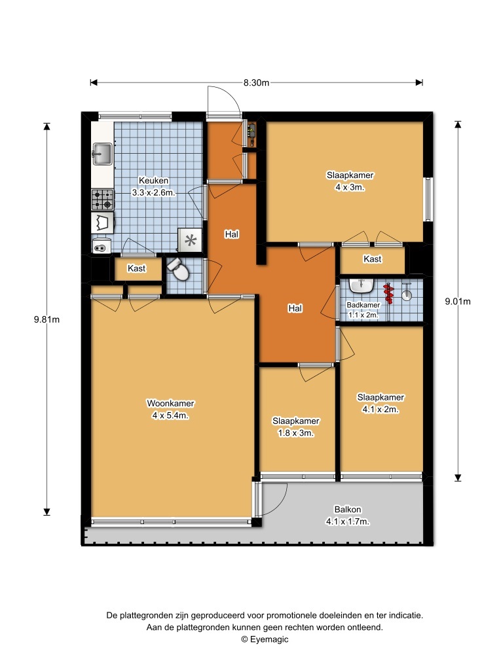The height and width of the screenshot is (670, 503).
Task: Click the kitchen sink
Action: click(102, 154)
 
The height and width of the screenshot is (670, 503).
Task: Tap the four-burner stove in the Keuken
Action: click(103, 200)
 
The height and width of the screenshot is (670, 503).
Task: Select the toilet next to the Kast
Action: click(178, 269)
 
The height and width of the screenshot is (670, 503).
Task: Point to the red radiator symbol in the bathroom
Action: click(389, 293)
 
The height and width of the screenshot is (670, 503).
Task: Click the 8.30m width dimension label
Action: click(257, 82)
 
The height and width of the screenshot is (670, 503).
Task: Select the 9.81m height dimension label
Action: click(47, 319)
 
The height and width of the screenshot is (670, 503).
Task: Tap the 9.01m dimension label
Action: click(458, 301)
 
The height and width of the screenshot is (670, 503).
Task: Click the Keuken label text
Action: click(153, 181)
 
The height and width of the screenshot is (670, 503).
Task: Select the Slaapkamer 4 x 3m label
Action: click(350, 181)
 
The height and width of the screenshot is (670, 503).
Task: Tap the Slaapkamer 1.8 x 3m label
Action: click(296, 427)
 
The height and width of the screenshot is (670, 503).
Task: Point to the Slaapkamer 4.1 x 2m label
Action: click(381, 403)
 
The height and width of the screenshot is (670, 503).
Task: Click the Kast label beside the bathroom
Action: click(372, 258)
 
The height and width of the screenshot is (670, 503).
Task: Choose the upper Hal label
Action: click(231, 234)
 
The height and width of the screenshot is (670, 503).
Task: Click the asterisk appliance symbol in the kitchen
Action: click(190, 240)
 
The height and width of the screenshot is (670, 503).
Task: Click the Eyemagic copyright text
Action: click(265, 639)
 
